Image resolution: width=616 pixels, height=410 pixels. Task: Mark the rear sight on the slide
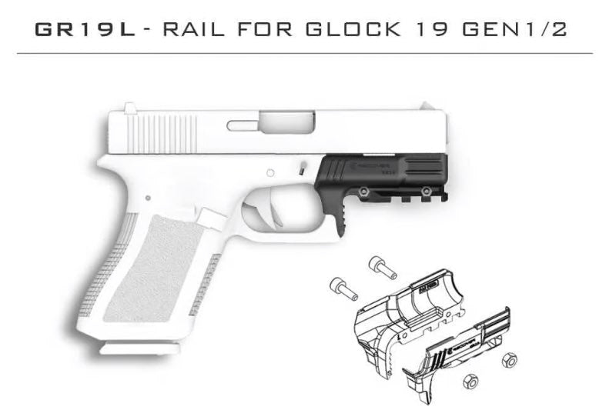131,108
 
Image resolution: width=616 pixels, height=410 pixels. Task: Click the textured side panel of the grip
146,269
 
